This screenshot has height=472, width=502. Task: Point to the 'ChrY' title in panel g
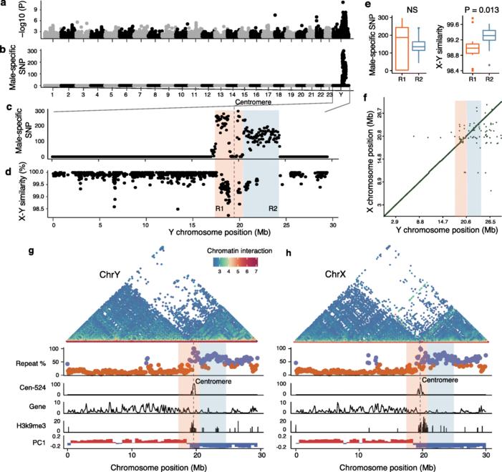tap(112, 274)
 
